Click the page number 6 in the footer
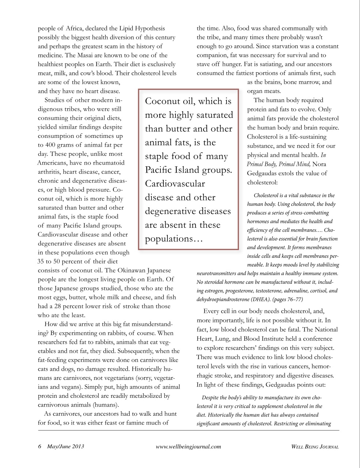pos(40,446)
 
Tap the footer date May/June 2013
pos(65,446)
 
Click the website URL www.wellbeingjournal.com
pos(188,446)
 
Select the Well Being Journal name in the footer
pos(315,446)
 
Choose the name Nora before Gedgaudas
pos(320,164)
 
